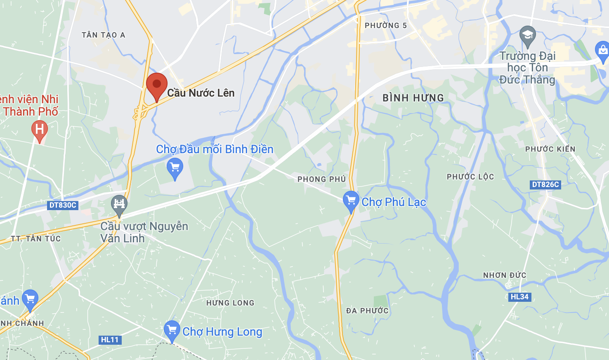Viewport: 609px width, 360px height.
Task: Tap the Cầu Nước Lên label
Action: pos(201,93)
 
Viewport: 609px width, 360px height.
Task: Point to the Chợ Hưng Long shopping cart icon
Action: pos(172,330)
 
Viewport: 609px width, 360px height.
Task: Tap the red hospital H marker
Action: pos(40,130)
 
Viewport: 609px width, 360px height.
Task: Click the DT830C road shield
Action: pos(63,205)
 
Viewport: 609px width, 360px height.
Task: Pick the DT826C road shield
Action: pos(545,185)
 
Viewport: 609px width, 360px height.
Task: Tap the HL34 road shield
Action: pos(519,297)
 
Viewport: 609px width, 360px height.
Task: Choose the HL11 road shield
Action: pos(110,340)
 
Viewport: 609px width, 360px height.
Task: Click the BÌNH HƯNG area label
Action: pos(413,98)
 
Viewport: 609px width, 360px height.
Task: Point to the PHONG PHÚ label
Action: pos(321,179)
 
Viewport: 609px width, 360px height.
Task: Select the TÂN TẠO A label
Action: pos(103,35)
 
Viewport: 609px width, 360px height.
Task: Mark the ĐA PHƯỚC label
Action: pos(367,311)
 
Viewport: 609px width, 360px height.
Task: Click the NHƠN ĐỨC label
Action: pos(505,275)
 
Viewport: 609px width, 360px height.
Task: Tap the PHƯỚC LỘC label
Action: pos(470,177)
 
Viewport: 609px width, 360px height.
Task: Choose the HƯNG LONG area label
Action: pos(230,303)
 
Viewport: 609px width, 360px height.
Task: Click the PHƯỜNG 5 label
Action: pos(386,26)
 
